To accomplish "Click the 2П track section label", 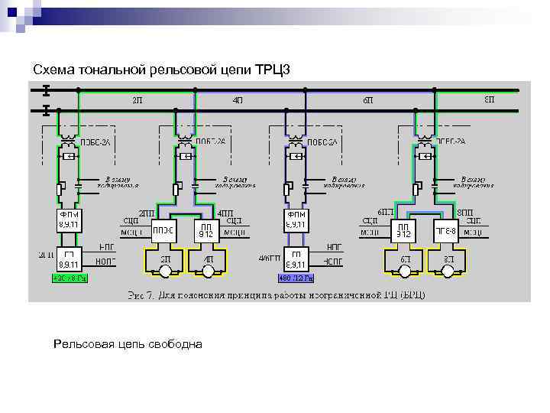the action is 137,100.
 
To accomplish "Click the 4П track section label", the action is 238,100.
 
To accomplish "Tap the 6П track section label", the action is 368,100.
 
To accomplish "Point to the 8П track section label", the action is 489,99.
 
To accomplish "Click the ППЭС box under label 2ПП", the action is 165,229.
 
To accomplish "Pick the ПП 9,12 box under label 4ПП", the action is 206,229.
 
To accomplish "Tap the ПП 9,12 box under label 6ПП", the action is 404,229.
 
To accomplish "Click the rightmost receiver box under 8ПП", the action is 445,229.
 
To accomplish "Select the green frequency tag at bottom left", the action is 70,278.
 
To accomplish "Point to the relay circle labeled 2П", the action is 165,262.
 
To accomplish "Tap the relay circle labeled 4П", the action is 207,262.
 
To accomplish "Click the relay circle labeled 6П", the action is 404,262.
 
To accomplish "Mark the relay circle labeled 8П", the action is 446,262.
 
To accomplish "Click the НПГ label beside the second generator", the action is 334,248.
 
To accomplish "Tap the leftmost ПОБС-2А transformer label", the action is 95,142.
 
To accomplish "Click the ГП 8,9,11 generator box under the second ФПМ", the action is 297,258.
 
